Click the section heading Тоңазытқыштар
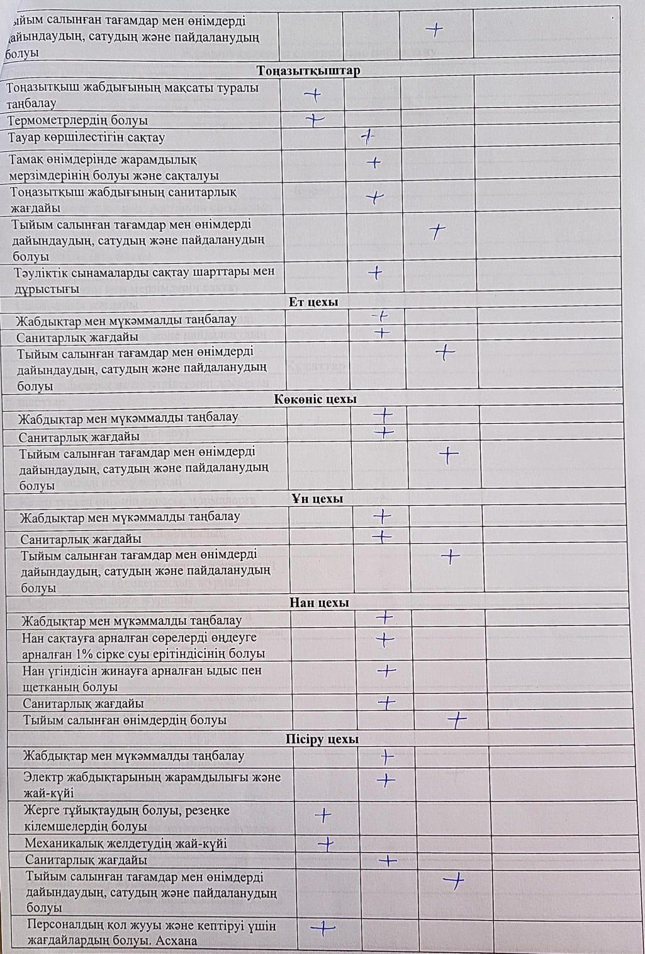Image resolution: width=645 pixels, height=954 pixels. tap(308, 71)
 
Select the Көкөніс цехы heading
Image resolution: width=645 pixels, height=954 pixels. tap(316, 399)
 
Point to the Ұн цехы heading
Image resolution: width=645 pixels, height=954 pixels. tap(317, 499)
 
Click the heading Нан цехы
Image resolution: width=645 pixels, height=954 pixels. tap(319, 603)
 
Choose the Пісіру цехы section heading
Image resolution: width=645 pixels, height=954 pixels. tap(322, 739)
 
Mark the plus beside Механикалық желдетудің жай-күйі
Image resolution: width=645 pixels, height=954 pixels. tap(326, 844)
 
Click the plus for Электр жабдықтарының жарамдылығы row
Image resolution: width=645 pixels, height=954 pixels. tap(386, 780)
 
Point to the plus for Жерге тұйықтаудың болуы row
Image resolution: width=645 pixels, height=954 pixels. tap(323, 815)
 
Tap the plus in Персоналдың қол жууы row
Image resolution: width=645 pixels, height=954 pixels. tap(322, 927)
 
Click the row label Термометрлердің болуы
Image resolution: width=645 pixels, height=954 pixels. tap(77, 120)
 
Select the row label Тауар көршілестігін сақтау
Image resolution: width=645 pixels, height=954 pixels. tap(86, 137)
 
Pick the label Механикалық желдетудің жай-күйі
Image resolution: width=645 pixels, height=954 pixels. tap(125, 843)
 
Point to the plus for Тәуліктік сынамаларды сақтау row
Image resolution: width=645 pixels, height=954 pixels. tap(375, 273)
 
